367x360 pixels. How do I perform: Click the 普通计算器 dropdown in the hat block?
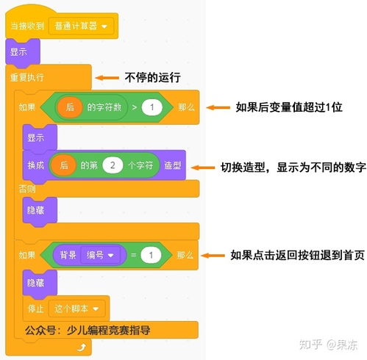[x=81, y=26]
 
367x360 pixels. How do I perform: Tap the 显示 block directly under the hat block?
[x=23, y=52]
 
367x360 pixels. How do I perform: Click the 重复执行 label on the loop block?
[x=27, y=77]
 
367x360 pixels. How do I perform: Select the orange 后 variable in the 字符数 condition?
[x=70, y=107]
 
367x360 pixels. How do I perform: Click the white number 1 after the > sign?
[x=152, y=107]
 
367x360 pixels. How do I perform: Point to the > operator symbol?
[x=135, y=107]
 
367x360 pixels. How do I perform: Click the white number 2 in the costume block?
[x=113, y=165]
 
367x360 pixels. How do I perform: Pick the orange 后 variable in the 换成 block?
[x=63, y=165]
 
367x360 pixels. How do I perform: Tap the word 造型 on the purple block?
[x=173, y=165]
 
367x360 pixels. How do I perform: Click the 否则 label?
[x=27, y=189]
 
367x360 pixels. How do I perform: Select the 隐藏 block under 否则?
[x=40, y=210]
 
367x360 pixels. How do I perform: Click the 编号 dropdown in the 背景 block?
[x=100, y=255]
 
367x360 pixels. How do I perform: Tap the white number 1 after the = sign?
[x=151, y=255]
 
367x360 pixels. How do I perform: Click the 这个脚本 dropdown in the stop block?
[x=76, y=309]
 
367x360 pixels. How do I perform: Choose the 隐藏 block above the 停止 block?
[x=40, y=283]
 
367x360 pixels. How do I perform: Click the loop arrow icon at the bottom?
[x=82, y=348]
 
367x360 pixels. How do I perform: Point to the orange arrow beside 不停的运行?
[x=107, y=78]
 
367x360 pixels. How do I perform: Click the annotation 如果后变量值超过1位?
[x=289, y=107]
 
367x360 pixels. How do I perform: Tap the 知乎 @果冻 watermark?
[x=328, y=345]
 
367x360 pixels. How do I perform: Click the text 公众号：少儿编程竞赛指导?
[x=88, y=331]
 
